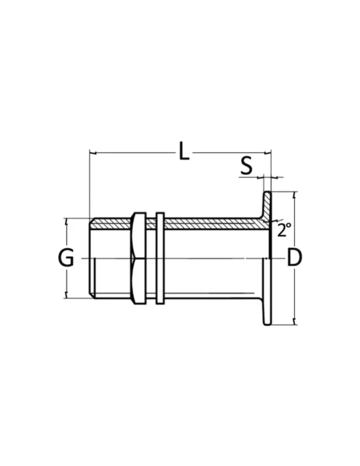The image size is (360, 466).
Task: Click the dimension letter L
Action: click(184, 151)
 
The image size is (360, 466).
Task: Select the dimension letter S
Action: click(246, 165)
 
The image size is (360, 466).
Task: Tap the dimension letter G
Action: click(66, 258)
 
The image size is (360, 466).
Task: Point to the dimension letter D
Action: click(295, 257)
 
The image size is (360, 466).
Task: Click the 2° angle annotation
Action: click(284, 230)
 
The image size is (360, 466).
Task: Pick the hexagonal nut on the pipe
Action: click(139, 258)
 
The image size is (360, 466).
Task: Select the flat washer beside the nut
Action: click(160, 258)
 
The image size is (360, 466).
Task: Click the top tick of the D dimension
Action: click(294, 195)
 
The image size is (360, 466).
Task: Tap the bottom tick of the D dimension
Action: click(294, 321)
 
